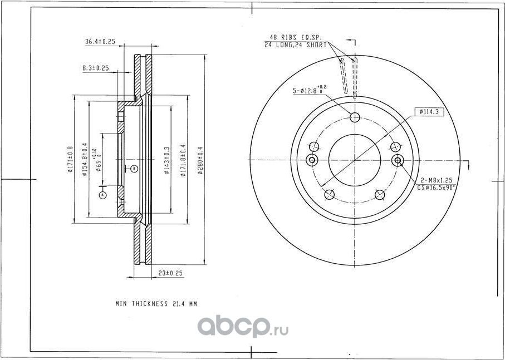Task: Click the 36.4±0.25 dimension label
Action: click(x=100, y=42)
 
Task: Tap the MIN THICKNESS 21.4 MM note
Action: click(x=156, y=304)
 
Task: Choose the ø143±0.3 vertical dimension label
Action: click(x=165, y=160)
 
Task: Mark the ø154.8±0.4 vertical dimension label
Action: click(x=84, y=160)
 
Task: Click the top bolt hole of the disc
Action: click(x=355, y=116)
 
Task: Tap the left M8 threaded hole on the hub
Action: click(x=312, y=161)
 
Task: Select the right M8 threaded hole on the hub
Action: click(x=398, y=161)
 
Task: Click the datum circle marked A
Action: click(x=102, y=195)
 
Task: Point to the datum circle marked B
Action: click(x=134, y=168)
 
